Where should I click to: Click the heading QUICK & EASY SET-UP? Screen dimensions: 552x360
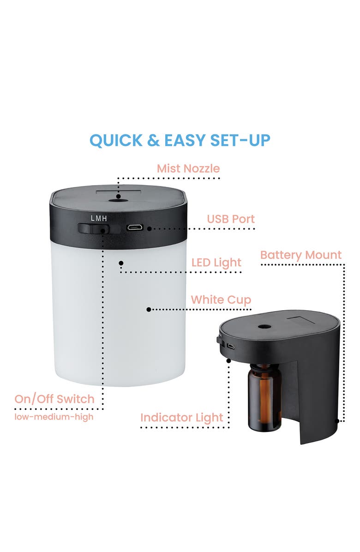[x=180, y=140]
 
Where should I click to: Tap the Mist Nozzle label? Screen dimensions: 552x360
[x=188, y=168]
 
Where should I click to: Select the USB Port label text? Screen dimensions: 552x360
[x=230, y=219]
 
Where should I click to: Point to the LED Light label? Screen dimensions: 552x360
[x=216, y=263]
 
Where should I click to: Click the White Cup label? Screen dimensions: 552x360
[x=221, y=300]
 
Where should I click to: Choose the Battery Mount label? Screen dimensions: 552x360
[x=300, y=255]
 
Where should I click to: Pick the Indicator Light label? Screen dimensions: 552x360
[x=181, y=418]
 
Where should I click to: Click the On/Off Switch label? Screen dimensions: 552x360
[x=54, y=399]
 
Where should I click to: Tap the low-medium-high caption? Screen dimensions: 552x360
[x=54, y=417]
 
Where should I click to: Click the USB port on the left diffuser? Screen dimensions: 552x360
[x=135, y=228]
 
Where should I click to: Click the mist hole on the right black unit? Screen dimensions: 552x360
[x=264, y=326]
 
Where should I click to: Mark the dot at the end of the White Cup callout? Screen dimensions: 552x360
[x=149, y=310]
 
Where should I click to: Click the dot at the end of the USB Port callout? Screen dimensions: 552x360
[x=149, y=228]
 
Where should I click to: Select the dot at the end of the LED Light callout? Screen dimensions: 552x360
[x=121, y=263]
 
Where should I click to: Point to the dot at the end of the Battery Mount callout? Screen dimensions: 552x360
[x=336, y=420]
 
